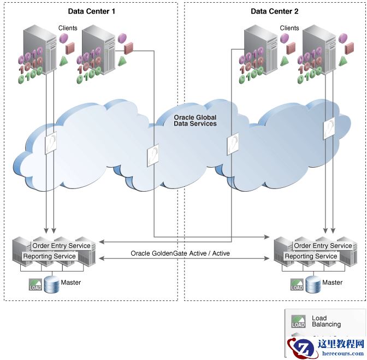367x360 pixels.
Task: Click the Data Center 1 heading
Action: coord(92,11)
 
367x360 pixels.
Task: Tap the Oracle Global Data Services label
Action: coord(195,121)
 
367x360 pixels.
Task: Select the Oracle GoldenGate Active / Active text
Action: coord(180,253)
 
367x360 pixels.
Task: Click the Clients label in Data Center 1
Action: coord(68,28)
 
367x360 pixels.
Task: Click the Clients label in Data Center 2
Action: coord(289,28)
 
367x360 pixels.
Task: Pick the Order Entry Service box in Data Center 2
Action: coord(323,246)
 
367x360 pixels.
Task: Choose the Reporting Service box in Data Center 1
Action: coord(49,256)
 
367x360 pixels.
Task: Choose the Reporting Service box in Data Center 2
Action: coord(311,256)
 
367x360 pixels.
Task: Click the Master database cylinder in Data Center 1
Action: coord(52,285)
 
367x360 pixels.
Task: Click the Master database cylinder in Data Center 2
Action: coord(313,285)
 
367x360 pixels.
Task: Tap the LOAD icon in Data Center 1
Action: coord(35,285)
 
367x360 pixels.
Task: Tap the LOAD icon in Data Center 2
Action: coord(297,285)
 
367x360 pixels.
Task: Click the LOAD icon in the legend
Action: coord(298,321)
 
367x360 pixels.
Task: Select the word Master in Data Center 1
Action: coord(71,282)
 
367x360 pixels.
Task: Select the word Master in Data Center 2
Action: coord(333,282)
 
